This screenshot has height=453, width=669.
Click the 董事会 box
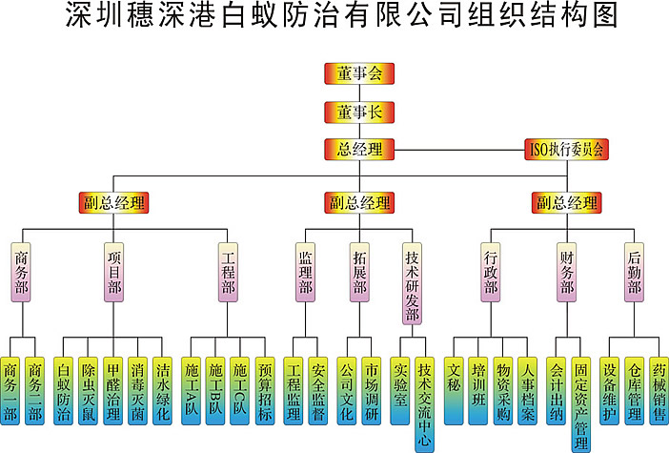358,72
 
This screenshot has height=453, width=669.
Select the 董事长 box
358,111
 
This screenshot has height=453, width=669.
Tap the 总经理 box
358,149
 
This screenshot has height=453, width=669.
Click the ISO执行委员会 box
567,149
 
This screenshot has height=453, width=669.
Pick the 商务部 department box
23,273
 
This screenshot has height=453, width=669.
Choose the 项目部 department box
114,273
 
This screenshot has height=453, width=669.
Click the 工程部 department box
229,273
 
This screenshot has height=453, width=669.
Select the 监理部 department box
306,273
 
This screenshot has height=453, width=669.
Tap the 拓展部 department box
359,273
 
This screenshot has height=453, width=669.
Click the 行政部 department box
490,273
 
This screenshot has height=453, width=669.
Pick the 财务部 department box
567,273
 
